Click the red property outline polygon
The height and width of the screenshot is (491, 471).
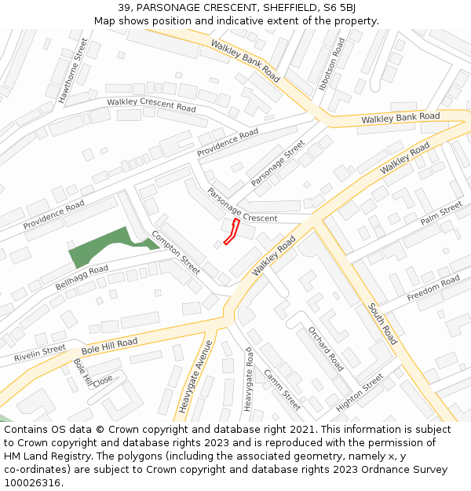[x=232, y=233]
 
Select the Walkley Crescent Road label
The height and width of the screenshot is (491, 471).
[x=151, y=104]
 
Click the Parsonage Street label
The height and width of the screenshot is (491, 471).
[x=277, y=163]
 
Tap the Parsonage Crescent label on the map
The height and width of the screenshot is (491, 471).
[x=242, y=205]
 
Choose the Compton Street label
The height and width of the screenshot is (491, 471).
[x=176, y=252]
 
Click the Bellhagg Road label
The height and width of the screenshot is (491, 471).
[x=82, y=277]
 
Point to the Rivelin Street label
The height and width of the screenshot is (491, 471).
[x=40, y=354]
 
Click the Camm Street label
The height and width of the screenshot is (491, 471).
[x=282, y=389]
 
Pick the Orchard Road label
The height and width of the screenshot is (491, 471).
[x=325, y=348]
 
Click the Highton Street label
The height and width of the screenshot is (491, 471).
[x=359, y=392]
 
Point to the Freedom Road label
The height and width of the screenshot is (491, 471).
[x=433, y=288]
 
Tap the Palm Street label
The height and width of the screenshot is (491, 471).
[x=440, y=213]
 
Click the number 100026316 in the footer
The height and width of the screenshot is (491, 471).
[x=32, y=483]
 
